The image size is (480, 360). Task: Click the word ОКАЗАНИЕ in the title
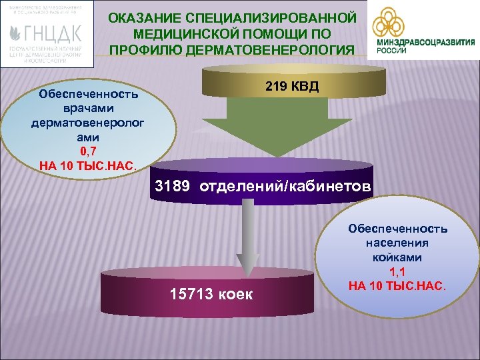(141, 18)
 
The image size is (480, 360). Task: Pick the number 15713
(191, 294)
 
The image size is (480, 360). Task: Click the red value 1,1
(397, 272)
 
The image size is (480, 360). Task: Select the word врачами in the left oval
(89, 108)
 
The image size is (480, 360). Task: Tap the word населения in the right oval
(397, 243)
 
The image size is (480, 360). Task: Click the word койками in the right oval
(397, 257)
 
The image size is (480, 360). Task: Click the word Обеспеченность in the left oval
(89, 94)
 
